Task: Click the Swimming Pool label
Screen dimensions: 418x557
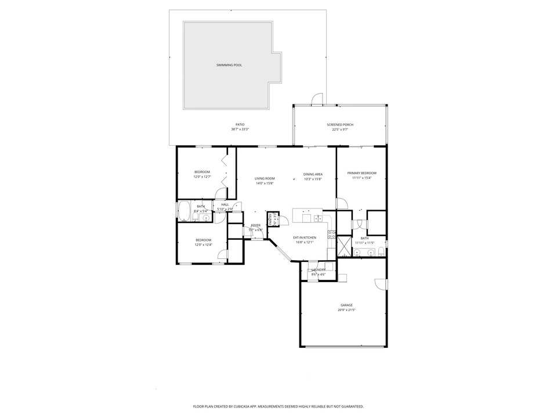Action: (229, 65)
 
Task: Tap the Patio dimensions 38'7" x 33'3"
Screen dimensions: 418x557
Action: (240, 129)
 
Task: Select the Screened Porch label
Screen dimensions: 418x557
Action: (340, 125)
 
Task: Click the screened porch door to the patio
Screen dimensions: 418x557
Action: (317, 100)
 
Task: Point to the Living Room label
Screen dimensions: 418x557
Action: (265, 179)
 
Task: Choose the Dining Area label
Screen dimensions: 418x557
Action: (313, 174)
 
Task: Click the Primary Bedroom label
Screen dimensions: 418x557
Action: (361, 173)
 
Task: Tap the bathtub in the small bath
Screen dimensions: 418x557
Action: (184, 211)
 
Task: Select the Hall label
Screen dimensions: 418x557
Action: (225, 204)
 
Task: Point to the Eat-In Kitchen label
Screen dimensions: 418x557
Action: (305, 237)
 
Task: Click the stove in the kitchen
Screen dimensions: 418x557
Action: (331, 235)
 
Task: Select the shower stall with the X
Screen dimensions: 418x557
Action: (344, 246)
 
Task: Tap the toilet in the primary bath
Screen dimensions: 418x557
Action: (381, 251)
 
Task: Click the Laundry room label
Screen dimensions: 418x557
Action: (319, 270)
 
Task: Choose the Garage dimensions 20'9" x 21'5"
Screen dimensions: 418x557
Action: (346, 310)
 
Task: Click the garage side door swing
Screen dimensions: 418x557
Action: (381, 283)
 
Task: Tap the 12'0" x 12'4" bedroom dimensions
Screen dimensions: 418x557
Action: (203, 244)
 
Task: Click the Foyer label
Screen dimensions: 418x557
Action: (255, 225)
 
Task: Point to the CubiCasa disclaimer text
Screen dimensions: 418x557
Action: (278, 406)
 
